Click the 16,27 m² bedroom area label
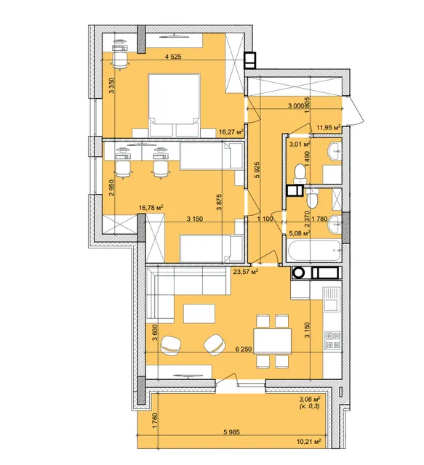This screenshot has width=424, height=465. tap(231, 132)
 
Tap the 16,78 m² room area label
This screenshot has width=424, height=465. tap(152, 208)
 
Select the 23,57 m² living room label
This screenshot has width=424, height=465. tap(246, 271)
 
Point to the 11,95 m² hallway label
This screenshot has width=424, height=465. tap(328, 128)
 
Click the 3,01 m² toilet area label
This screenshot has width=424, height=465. tap(300, 145)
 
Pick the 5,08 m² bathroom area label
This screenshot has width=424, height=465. tap(300, 233)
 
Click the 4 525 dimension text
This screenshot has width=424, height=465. tap(173, 57)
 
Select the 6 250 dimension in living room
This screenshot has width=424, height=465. tap(244, 349)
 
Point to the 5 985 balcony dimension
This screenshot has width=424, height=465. tap(231, 432)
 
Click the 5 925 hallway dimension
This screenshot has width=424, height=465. tap(257, 169)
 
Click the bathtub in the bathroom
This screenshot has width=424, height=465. tap(314, 251)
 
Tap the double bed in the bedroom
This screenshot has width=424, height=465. tap(175, 105)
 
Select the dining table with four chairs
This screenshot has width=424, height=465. tap(273, 341)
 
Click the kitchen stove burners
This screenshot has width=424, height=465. tap(332, 341)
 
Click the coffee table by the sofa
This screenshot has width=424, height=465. tap(199, 314)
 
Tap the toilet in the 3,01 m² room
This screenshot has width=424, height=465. tap(300, 174)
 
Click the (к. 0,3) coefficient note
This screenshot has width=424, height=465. tap(310, 406)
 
